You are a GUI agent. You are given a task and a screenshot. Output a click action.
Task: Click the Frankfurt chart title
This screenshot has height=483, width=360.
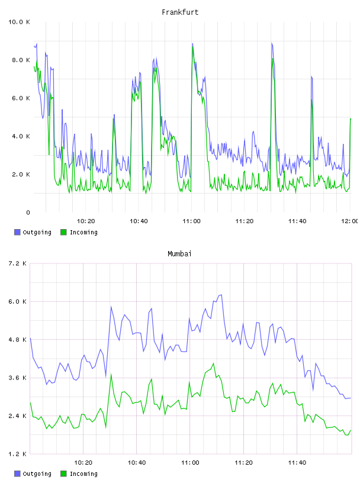pyautogui.click(x=180, y=12)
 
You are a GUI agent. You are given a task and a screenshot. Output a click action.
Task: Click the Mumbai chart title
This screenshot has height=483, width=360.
pyautogui.click(x=179, y=254)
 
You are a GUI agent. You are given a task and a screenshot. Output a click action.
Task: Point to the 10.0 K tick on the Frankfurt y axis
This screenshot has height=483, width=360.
pyautogui.click(x=19, y=22)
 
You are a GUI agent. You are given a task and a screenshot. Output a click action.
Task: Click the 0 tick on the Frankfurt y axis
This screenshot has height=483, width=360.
pyautogui.click(x=28, y=212)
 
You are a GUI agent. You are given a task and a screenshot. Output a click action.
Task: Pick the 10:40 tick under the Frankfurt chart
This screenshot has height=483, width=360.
pyautogui.click(x=139, y=221)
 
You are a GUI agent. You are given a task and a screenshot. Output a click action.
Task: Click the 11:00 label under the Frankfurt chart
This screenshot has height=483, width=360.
pyautogui.click(x=191, y=221)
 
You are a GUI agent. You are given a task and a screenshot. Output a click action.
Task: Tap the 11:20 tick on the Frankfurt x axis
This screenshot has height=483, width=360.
pyautogui.click(x=245, y=221)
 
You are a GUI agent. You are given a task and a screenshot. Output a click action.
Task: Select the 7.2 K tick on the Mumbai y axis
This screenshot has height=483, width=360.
pyautogui.click(x=17, y=263)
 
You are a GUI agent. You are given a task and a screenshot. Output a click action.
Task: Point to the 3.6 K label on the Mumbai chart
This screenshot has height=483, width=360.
pyautogui.click(x=17, y=378)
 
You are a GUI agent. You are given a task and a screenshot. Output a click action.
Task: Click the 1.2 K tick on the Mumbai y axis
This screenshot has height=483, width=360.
pyautogui.click(x=17, y=454)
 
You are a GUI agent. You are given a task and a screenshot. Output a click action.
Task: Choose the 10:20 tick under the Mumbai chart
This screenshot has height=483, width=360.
pyautogui.click(x=83, y=463)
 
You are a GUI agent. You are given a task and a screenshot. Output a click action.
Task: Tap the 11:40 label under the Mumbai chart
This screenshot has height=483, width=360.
pyautogui.click(x=297, y=463)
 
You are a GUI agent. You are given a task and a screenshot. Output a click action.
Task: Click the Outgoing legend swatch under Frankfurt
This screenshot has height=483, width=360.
pyautogui.click(x=17, y=232)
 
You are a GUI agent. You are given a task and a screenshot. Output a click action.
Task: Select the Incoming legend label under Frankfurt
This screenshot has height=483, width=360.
pyautogui.click(x=83, y=233)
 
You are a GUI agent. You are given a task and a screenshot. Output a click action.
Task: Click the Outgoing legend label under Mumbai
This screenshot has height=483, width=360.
pyautogui.click(x=37, y=474)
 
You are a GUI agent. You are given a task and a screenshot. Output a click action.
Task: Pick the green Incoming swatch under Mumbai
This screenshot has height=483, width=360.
pyautogui.click(x=63, y=474)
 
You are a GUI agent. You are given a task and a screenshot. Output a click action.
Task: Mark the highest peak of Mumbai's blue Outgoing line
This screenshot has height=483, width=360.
pyautogui.click(x=221, y=295)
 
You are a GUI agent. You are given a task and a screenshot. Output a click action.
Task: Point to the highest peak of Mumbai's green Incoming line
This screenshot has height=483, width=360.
pyautogui.click(x=213, y=363)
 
